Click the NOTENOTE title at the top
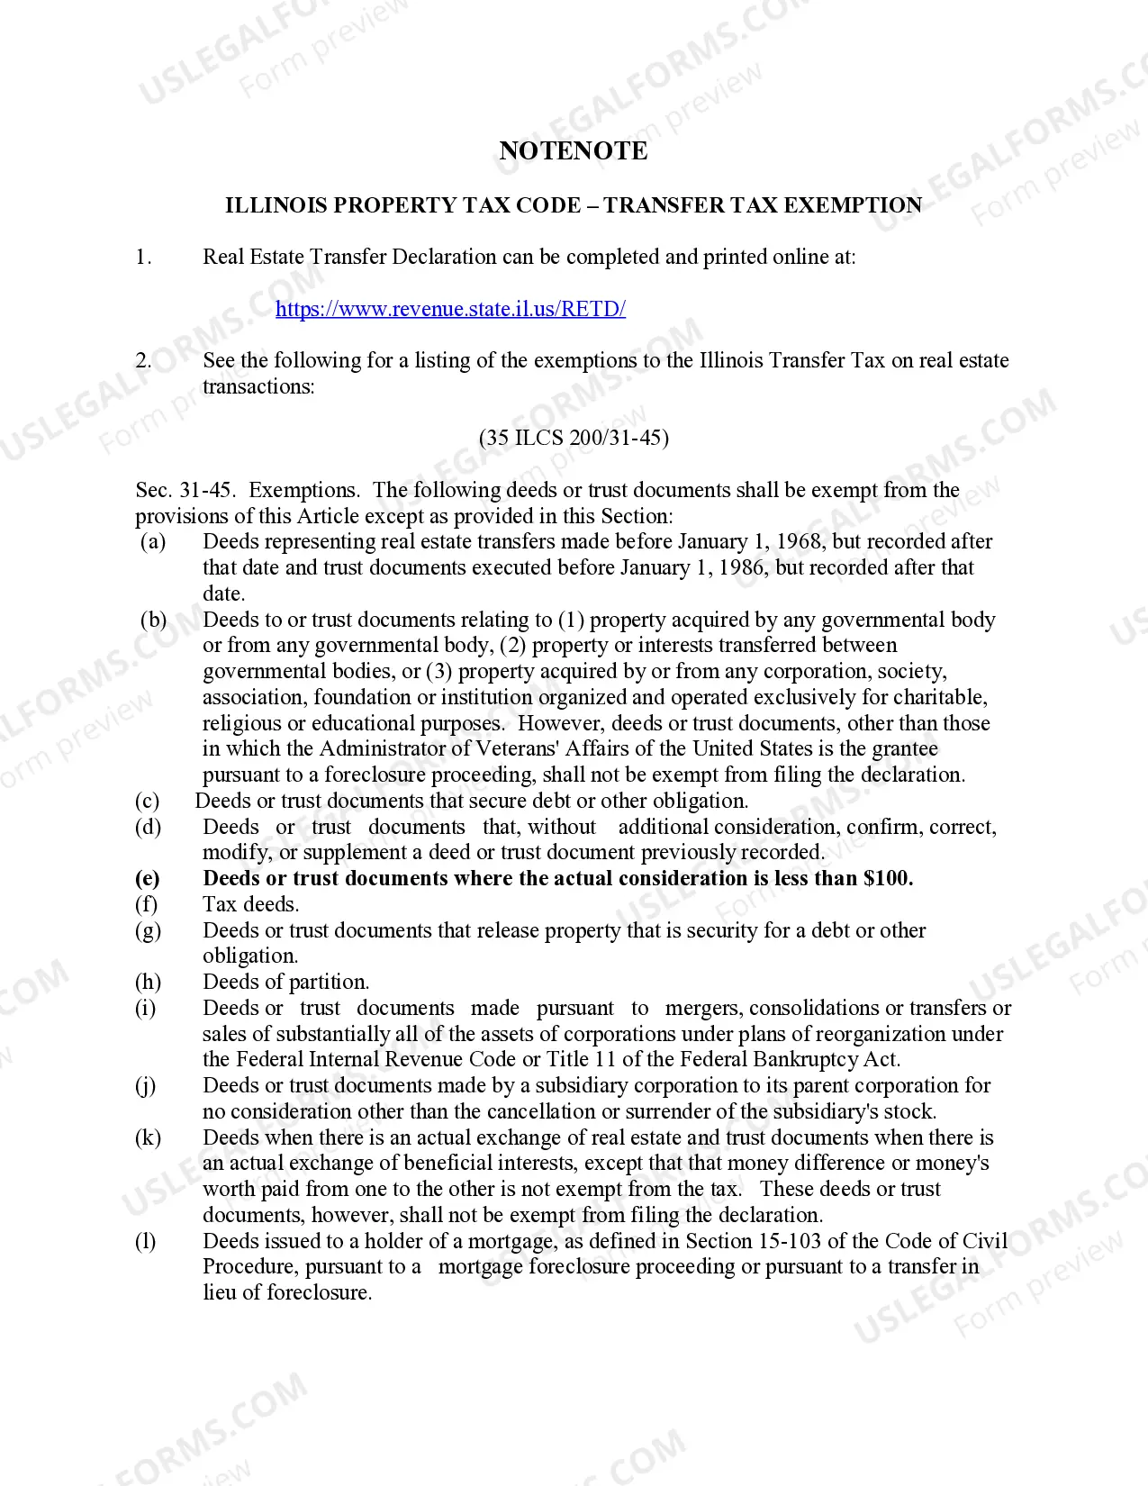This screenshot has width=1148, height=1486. tap(573, 150)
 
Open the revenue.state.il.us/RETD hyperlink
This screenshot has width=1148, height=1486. tap(450, 309)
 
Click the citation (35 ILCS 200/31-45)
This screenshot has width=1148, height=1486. tap(574, 439)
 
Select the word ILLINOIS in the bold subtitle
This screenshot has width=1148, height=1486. tap(276, 205)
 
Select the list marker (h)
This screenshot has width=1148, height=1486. tap(148, 983)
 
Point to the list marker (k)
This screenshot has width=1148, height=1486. tap(148, 1138)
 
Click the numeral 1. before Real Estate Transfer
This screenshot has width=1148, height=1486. tap(144, 258)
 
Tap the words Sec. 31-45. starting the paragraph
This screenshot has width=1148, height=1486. tap(185, 491)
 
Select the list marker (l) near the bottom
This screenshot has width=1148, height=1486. tap(146, 1242)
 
